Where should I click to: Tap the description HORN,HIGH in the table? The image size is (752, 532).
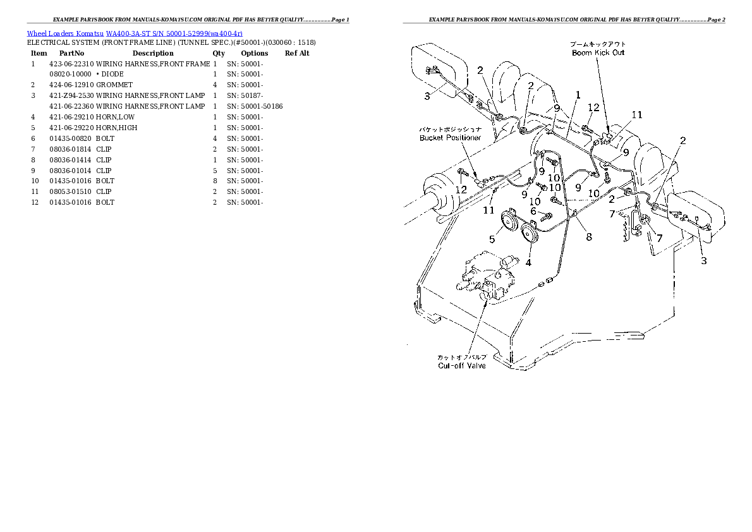(x=117, y=128)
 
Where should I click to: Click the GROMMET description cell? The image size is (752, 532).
(x=114, y=85)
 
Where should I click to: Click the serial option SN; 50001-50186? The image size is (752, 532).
(x=255, y=106)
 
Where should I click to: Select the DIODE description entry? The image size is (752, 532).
(x=112, y=74)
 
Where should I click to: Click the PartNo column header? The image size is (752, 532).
(x=71, y=53)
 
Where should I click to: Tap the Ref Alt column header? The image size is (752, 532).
(x=297, y=53)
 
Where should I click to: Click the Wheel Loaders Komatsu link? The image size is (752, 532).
(x=65, y=33)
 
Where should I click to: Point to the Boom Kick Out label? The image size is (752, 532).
(x=597, y=52)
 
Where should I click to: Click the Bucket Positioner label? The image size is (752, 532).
(x=450, y=137)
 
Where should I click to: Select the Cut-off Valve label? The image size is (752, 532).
(x=462, y=365)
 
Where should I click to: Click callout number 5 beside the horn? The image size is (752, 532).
(x=492, y=239)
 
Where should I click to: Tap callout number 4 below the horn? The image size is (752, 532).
(x=528, y=262)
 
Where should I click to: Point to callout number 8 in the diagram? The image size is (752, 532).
(x=588, y=237)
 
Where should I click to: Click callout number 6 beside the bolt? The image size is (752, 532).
(x=533, y=211)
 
